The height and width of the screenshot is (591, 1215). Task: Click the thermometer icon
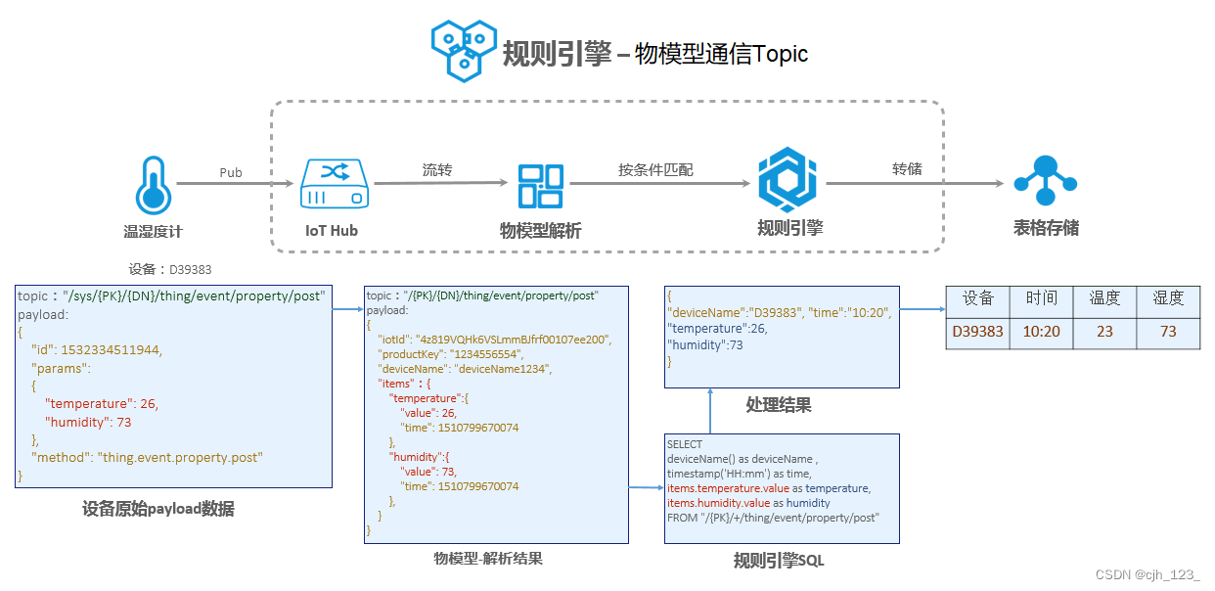tap(154, 186)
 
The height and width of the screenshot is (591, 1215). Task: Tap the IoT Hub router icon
tap(335, 183)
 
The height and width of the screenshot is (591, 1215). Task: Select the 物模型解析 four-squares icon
tap(540, 186)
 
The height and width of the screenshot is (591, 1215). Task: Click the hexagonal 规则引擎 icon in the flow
tap(787, 179)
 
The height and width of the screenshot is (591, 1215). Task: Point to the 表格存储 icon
tap(1045, 181)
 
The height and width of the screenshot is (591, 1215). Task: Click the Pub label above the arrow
tap(231, 172)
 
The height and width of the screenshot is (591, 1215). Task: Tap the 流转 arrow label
tap(437, 170)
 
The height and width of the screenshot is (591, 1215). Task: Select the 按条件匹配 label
tap(655, 170)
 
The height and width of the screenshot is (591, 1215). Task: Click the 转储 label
tap(907, 168)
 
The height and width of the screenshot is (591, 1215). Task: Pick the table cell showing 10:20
tap(1042, 332)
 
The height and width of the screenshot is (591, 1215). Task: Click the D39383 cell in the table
tap(978, 332)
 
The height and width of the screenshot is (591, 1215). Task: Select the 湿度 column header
tap(1168, 297)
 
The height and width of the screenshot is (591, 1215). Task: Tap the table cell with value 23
tap(1104, 332)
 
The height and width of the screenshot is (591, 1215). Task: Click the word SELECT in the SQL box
tap(685, 444)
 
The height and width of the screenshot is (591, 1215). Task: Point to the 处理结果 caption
tap(779, 405)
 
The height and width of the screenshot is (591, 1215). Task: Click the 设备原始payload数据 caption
tap(158, 509)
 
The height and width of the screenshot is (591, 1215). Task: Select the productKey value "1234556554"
tap(486, 354)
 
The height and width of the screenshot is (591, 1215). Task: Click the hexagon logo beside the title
tap(464, 51)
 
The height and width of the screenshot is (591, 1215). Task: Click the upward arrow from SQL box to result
tap(710, 411)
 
